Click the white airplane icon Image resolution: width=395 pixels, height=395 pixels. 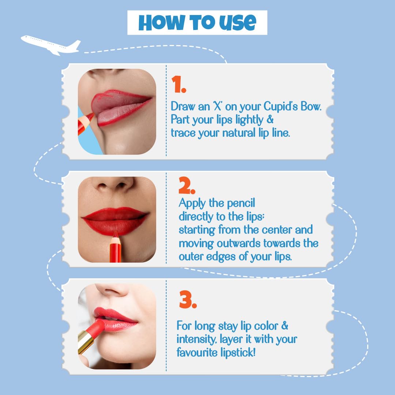[51, 44]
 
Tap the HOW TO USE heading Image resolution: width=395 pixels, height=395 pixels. [197, 23]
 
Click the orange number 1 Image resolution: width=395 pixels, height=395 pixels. [179, 85]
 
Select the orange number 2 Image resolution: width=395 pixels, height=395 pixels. [187, 187]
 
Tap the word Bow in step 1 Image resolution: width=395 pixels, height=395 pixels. [309, 107]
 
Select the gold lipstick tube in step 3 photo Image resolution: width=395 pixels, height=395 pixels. [86, 340]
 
